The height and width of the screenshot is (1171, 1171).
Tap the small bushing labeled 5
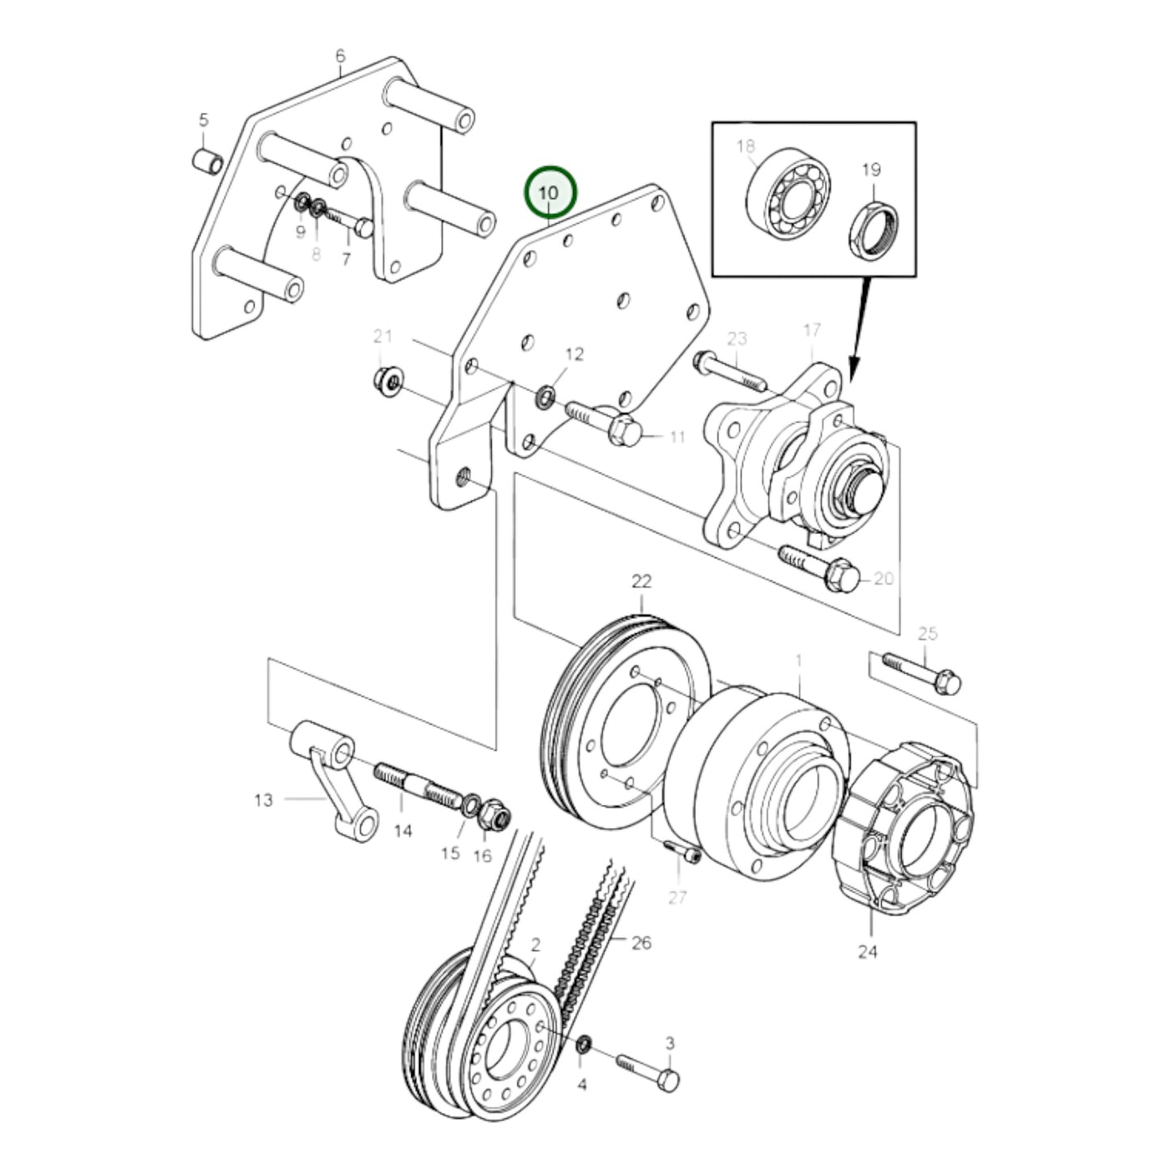click(x=207, y=160)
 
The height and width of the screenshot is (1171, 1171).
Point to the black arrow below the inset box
click(x=859, y=324)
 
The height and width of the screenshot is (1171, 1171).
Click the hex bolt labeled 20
click(x=818, y=567)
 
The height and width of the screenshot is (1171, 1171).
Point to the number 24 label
click(x=867, y=951)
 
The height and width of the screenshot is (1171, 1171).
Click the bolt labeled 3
click(x=649, y=1069)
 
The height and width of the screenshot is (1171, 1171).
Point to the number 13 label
click(x=263, y=801)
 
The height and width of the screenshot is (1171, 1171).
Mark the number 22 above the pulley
click(x=641, y=581)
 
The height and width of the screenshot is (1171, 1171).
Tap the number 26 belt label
click(x=641, y=943)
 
